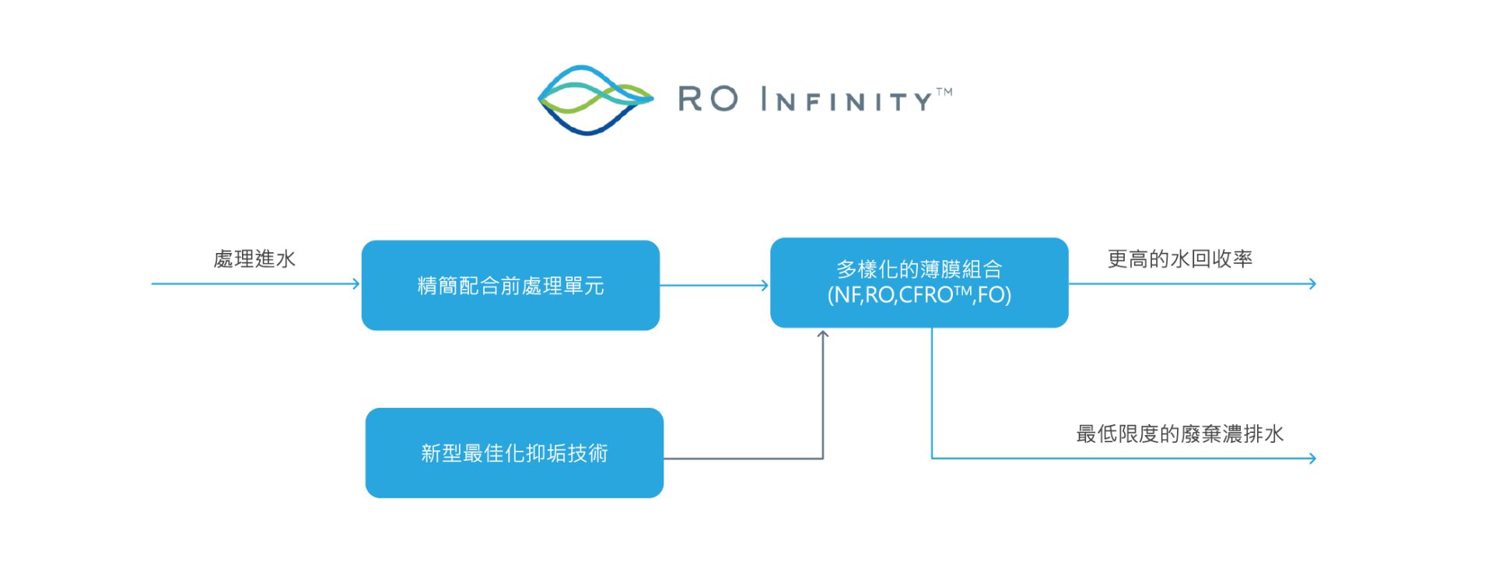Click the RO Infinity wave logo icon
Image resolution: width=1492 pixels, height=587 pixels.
click(x=595, y=100)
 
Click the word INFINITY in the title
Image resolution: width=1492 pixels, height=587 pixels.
click(x=846, y=100)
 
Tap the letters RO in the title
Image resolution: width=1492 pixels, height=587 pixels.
click(x=708, y=100)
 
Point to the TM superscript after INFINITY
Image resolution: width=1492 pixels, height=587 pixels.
click(x=944, y=92)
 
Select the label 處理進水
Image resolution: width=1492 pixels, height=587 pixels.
click(x=254, y=259)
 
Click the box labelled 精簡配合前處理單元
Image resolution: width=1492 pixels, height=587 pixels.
click(x=510, y=286)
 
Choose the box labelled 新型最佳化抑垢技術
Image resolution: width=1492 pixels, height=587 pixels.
click(x=514, y=453)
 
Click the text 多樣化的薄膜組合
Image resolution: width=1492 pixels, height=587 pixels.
click(x=919, y=269)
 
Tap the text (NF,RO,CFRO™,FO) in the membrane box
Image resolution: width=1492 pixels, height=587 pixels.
click(x=919, y=296)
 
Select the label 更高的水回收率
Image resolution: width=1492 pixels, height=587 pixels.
click(x=1179, y=259)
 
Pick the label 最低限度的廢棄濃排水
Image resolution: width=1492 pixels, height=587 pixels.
click(x=1179, y=434)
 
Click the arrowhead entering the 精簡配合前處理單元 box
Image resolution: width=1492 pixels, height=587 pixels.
click(x=355, y=284)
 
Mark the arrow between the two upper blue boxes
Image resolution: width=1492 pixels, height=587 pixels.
click(x=714, y=286)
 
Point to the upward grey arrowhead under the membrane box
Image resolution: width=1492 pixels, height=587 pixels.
click(x=823, y=335)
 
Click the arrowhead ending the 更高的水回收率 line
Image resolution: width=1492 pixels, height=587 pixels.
click(x=1312, y=284)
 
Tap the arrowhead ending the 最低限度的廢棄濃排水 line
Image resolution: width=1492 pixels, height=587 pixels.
click(x=1312, y=459)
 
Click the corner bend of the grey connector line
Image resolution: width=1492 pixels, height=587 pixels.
click(x=823, y=459)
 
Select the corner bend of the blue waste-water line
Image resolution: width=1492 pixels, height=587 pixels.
click(x=932, y=458)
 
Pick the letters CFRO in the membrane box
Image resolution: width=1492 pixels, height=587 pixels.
click(x=926, y=296)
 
